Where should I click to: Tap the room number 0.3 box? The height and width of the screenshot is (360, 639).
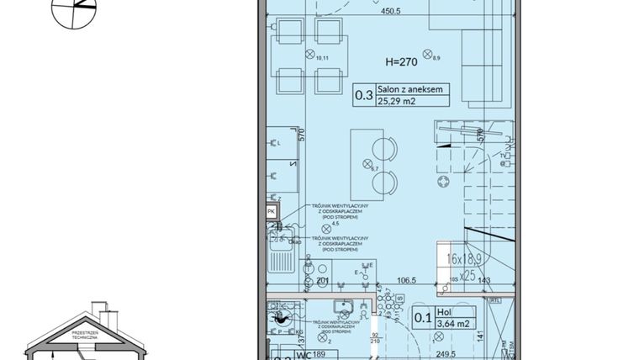363,95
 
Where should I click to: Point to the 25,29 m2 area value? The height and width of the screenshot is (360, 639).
396,103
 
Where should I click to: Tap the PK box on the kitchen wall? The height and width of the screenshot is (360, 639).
271,212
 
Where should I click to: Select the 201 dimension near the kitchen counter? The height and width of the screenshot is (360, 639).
321,280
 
